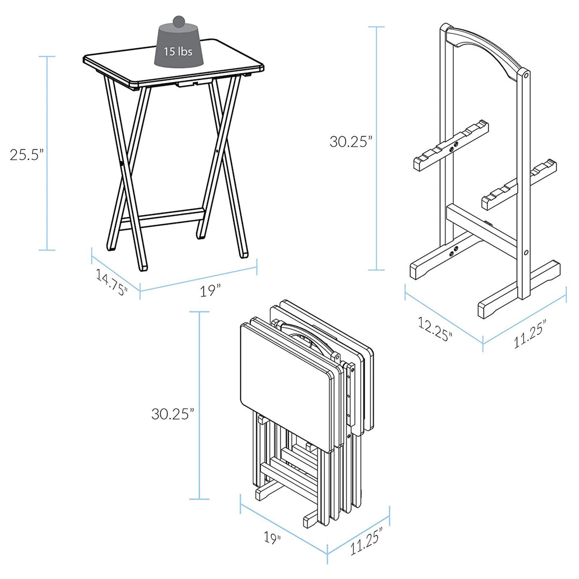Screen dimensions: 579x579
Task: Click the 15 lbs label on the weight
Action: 178,52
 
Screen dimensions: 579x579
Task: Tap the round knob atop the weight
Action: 179,22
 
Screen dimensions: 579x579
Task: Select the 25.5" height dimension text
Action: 26,154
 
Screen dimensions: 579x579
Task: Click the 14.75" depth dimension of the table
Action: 112,283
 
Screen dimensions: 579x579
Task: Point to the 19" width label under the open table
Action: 211,291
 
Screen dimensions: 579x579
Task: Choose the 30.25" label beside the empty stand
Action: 351,142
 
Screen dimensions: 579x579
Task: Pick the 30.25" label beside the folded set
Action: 172,413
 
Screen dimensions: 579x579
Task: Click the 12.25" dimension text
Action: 435,328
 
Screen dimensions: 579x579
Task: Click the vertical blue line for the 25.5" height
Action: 47,153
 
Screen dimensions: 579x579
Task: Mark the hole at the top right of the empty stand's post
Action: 526,76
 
